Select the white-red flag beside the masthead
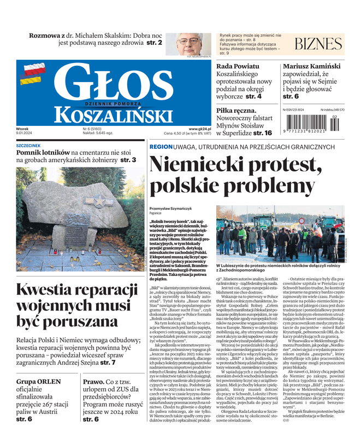[34, 70]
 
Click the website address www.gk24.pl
[199, 129]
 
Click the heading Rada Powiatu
[239, 66]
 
